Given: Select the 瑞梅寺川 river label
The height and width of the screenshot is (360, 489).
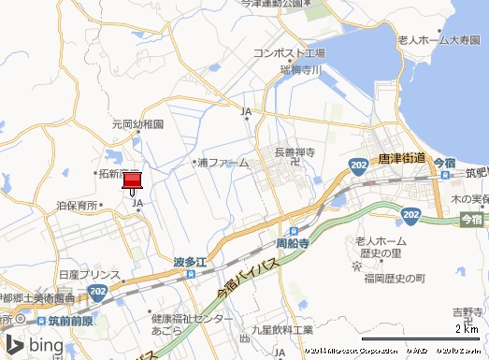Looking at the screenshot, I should click(x=300, y=69).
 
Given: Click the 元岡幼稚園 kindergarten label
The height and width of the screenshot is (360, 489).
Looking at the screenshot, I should click(x=138, y=123).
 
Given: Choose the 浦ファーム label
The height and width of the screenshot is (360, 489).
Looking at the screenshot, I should click(x=223, y=163).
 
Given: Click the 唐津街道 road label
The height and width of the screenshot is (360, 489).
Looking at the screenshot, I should click(x=402, y=160).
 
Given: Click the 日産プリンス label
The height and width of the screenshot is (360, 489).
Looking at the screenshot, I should click(x=90, y=276).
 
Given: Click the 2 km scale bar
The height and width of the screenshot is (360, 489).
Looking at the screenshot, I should click(x=419, y=337).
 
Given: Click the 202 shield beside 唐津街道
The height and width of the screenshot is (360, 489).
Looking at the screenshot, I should click(x=360, y=165).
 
